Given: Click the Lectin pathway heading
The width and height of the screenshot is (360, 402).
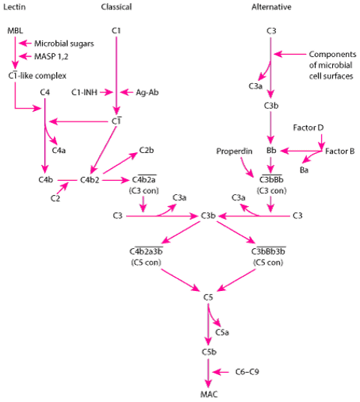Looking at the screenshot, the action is pos(14,7).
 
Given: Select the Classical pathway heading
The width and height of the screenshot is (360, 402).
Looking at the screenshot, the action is pos(116,7).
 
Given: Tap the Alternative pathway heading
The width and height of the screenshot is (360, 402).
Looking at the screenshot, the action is pos(271,7).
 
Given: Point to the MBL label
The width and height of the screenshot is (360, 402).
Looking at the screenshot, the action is pos(15,31).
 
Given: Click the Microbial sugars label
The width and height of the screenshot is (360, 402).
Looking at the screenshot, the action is pos(64,43).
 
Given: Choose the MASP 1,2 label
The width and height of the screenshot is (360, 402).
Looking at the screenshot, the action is pos(51,56).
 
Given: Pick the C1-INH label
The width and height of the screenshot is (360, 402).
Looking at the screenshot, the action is pos(84,92).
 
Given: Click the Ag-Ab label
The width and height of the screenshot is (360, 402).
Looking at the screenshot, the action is pos(147,92).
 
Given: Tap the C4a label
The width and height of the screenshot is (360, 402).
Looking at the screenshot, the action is pos(58,150).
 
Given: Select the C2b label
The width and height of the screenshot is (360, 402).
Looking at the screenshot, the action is pos(146,150).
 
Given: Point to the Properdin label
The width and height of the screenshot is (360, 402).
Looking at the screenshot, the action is pos(234,151).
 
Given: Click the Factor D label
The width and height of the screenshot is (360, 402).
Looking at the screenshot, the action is pos(308,127).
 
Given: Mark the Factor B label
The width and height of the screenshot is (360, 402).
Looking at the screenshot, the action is pos(340,151).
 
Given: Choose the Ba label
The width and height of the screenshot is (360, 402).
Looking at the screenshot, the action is pos(304,170).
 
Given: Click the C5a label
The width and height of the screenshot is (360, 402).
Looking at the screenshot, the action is pos(222,332).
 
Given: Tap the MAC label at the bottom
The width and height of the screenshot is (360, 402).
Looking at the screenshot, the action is pos(208,394).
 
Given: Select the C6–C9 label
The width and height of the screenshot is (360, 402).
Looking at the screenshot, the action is pos(247,372).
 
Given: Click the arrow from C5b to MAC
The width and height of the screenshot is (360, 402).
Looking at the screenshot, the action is pos(208,373).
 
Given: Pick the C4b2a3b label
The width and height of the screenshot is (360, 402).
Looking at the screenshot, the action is pos(146,251).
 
